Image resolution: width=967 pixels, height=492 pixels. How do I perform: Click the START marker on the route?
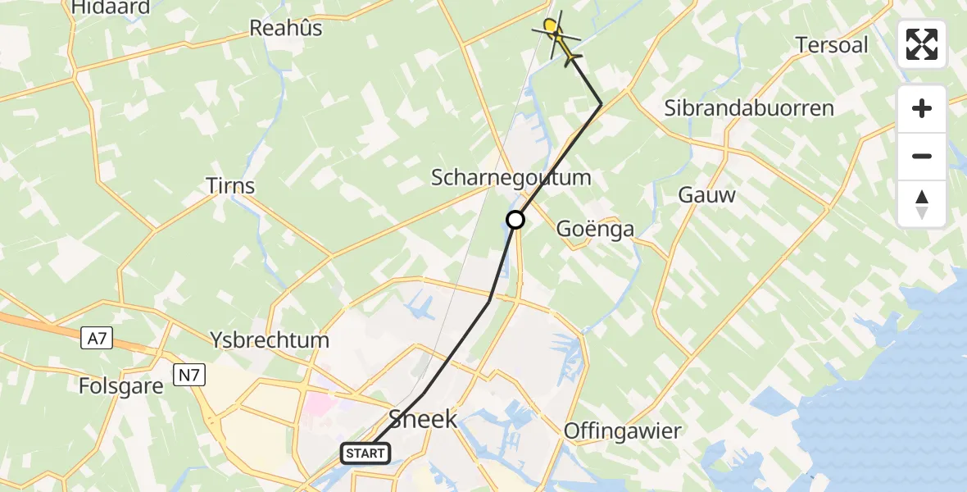(365, 453)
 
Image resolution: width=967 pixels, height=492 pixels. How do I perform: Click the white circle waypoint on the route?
(515, 220)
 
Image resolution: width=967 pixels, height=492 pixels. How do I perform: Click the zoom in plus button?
(922, 109)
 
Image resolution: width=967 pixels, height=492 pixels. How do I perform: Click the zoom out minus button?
(922, 157)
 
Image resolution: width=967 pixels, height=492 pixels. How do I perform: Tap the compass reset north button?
(922, 204)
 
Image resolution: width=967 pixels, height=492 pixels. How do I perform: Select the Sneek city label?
(423, 420)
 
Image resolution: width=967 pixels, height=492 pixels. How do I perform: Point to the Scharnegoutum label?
(511, 178)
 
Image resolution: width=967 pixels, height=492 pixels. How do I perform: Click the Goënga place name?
(596, 229)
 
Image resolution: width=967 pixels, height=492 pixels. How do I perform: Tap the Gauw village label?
(707, 195)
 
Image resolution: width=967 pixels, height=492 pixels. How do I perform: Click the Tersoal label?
(832, 45)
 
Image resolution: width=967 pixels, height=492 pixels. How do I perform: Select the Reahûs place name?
(286, 29)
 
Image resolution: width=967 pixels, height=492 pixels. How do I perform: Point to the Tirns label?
(231, 186)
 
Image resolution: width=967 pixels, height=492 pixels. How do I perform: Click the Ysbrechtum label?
(270, 340)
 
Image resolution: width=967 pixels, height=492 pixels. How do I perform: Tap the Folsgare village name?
(122, 385)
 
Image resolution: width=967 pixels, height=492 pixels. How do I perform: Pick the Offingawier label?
(623, 431)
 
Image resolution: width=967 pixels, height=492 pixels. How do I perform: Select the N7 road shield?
(190, 376)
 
